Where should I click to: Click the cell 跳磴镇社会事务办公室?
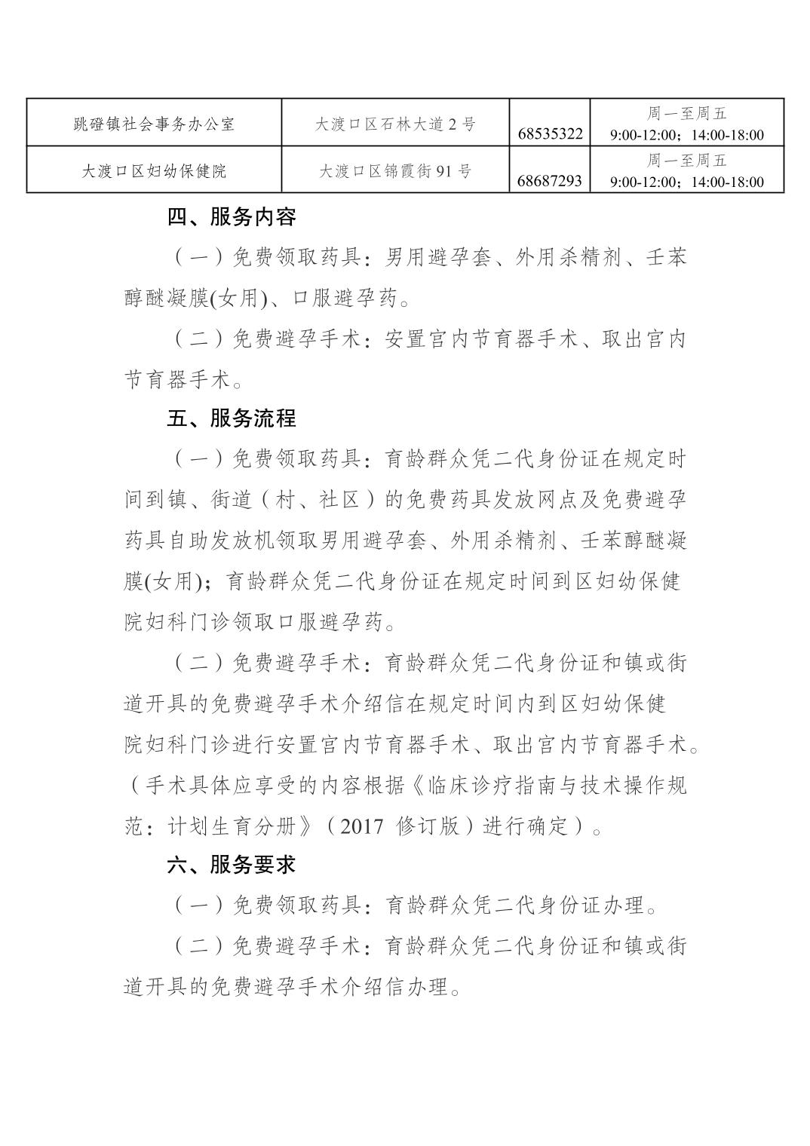(154, 124)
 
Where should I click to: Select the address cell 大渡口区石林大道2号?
(395, 124)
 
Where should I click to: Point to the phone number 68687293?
(551, 181)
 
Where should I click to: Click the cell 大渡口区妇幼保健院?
(154, 170)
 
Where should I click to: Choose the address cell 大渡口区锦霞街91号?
(395, 171)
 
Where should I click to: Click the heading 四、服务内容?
(232, 217)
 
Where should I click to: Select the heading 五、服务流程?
(232, 418)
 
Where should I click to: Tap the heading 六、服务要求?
(232, 865)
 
